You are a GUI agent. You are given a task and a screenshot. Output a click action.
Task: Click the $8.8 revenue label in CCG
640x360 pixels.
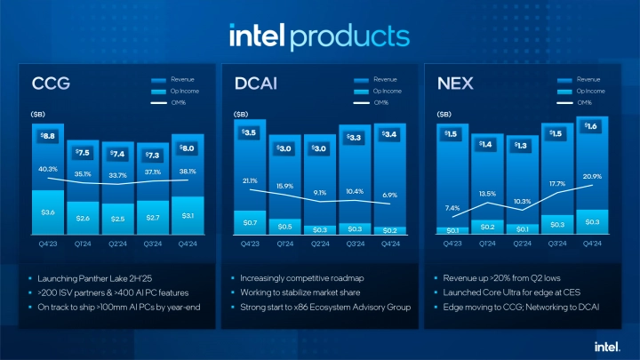pyautogui.click(x=49, y=136)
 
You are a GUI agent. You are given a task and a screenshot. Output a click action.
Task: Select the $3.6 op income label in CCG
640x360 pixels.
pyautogui.click(x=49, y=212)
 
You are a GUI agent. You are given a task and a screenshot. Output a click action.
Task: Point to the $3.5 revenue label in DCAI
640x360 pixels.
pyautogui.click(x=251, y=133)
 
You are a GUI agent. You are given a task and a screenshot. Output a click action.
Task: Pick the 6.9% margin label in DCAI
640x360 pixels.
pyautogui.click(x=391, y=194)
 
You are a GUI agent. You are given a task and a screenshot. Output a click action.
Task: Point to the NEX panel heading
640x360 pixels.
pyautogui.click(x=455, y=84)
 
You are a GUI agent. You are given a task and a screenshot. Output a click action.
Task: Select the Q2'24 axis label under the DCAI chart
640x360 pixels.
pyautogui.click(x=321, y=243)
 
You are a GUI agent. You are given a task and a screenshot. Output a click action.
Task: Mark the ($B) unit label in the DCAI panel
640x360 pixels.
pyautogui.click(x=240, y=115)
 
